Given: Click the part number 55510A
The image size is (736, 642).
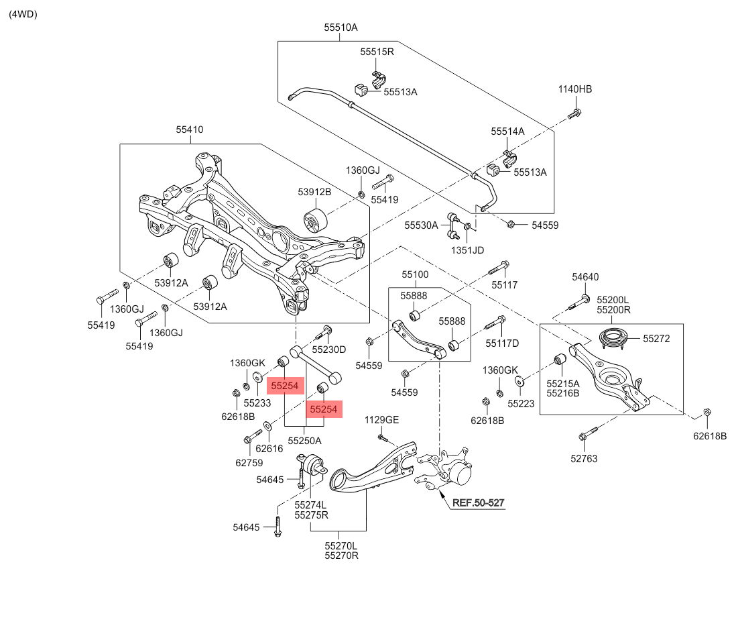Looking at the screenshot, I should [341, 28].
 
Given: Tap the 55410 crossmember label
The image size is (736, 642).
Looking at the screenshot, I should [190, 129].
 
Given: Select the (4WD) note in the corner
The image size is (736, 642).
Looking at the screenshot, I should [23, 14].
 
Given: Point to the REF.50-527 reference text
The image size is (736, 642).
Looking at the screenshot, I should [478, 502].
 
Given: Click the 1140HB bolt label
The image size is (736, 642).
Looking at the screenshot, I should [576, 89].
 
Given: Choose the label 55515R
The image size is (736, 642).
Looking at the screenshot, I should [377, 52].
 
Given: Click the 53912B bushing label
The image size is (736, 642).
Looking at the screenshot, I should [315, 192].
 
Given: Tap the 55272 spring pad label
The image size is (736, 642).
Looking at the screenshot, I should [656, 339].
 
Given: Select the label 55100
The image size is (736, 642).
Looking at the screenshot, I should [415, 275].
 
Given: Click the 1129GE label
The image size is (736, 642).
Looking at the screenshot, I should [381, 420].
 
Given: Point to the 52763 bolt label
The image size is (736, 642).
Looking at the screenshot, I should [584, 459].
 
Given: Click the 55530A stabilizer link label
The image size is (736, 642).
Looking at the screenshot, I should [421, 225].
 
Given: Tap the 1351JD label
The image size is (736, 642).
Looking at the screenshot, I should [467, 250].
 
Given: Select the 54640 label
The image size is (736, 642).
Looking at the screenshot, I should [585, 276].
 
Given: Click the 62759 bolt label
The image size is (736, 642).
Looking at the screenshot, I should [248, 462].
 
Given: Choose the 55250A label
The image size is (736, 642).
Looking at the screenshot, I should [305, 441].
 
